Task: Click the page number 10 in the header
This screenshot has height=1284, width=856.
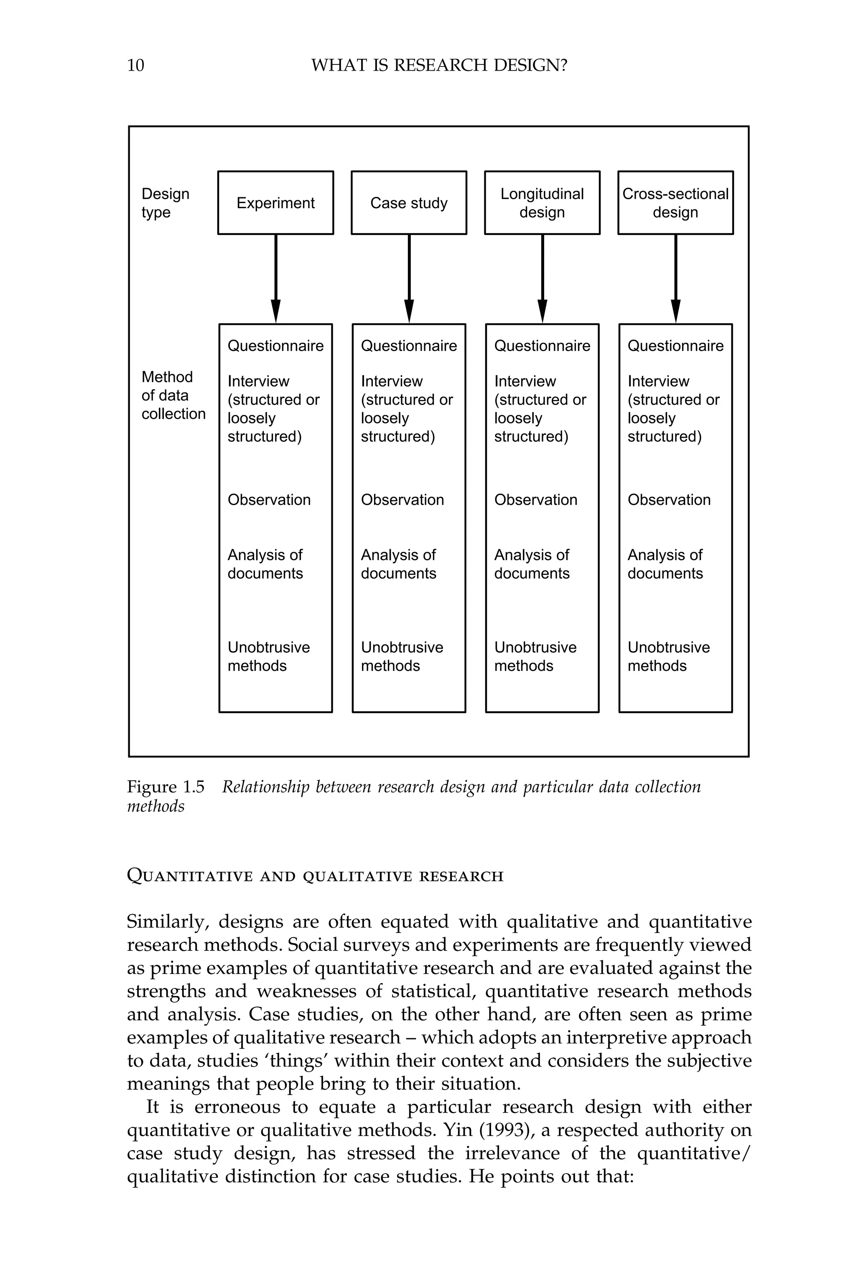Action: pyautogui.click(x=135, y=66)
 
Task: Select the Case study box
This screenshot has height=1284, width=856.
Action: pyautogui.click(x=408, y=203)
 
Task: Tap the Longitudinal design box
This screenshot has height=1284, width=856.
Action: pyautogui.click(x=542, y=203)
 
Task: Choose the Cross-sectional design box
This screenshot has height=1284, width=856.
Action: pyautogui.click(x=675, y=203)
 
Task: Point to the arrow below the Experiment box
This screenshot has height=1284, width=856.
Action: pyautogui.click(x=276, y=278)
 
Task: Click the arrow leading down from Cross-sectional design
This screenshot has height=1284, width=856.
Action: pyautogui.click(x=675, y=278)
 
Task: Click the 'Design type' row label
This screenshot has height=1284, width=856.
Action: pyautogui.click(x=165, y=203)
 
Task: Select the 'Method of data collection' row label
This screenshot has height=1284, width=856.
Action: pyautogui.click(x=173, y=395)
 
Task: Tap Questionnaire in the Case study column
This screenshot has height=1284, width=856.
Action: pyautogui.click(x=408, y=346)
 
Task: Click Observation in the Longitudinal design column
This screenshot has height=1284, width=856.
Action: pyautogui.click(x=535, y=499)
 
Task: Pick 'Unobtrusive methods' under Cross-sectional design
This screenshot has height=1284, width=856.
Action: pyautogui.click(x=668, y=656)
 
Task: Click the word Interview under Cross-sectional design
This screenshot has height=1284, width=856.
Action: pyautogui.click(x=658, y=381)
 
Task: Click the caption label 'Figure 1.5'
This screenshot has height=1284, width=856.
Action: pyautogui.click(x=166, y=787)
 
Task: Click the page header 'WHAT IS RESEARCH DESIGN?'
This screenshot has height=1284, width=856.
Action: pyautogui.click(x=439, y=66)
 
